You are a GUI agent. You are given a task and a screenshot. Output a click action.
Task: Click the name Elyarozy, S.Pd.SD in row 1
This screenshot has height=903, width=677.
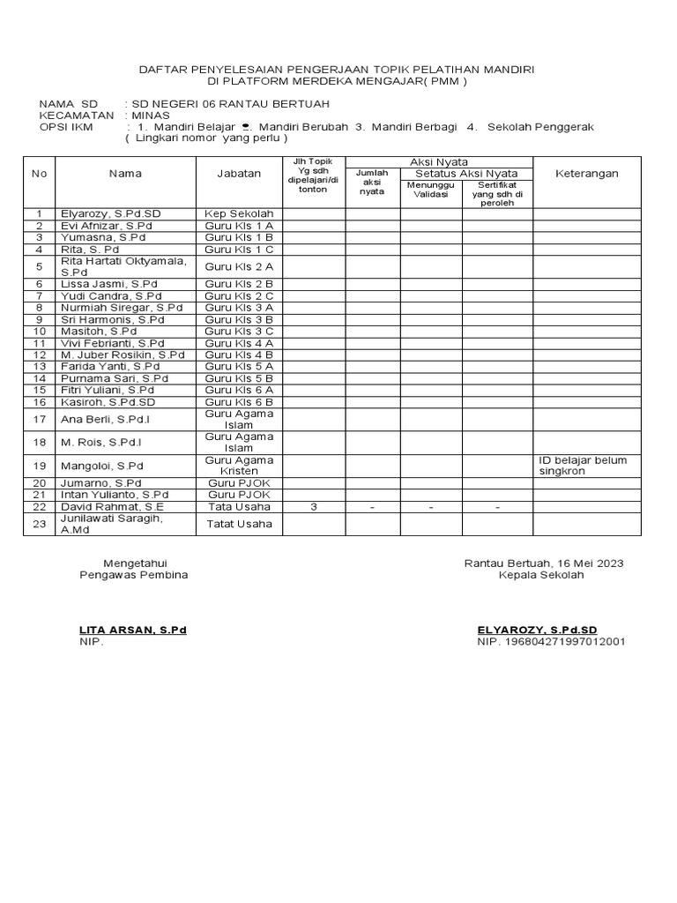[109, 213]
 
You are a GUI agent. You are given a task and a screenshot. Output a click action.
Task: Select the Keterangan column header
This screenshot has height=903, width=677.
[587, 174]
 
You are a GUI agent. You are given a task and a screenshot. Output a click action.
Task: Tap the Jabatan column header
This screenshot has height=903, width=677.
[239, 174]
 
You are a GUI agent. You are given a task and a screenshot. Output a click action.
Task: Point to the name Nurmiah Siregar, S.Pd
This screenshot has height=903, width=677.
[121, 307]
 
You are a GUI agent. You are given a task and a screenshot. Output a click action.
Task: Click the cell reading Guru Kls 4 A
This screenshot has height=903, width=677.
[239, 342]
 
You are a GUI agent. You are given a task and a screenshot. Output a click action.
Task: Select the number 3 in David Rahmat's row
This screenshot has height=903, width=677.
[315, 506]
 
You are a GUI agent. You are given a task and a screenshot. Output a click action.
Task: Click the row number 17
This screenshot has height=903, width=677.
[39, 420]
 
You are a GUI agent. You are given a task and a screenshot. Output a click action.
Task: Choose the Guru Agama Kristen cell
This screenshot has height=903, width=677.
[239, 466]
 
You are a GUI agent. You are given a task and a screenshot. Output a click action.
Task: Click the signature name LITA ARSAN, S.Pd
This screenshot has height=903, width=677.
[133, 630]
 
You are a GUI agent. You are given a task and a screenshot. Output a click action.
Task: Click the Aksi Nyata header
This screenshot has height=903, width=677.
[438, 161]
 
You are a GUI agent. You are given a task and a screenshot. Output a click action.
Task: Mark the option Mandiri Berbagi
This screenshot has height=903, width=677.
[413, 127]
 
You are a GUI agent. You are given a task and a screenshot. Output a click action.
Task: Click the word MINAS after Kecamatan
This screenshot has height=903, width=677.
[148, 115]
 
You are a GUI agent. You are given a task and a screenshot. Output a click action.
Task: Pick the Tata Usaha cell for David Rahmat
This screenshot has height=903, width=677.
[239, 506]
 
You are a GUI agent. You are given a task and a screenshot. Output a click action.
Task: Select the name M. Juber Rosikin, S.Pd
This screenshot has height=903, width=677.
[122, 354]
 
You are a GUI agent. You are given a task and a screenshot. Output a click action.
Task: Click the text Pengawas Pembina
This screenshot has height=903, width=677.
[133, 574]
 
